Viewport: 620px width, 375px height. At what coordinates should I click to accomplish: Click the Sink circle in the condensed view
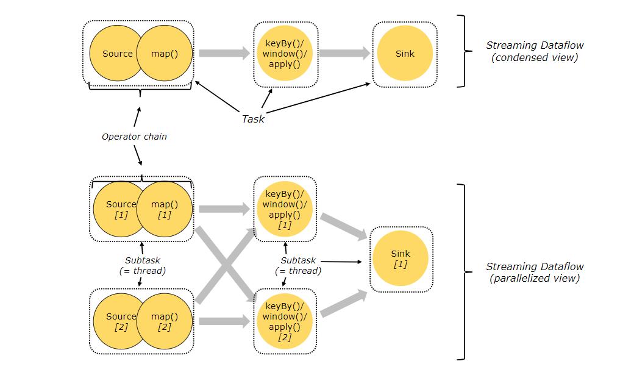pos(405,54)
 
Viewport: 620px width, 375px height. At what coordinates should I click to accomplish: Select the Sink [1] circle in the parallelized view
pos(401,259)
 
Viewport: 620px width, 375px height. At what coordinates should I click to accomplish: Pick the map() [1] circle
pos(165,209)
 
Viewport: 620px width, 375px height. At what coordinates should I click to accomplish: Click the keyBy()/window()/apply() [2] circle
pos(285,321)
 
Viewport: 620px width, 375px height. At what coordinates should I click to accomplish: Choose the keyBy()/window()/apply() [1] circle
pos(285,209)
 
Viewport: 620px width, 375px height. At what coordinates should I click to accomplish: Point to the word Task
pos(253,119)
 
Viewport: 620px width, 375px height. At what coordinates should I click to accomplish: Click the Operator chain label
pos(135,137)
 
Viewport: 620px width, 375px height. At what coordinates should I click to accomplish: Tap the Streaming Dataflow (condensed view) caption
pos(535,51)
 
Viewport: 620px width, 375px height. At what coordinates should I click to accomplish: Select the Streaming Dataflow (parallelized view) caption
pos(535,272)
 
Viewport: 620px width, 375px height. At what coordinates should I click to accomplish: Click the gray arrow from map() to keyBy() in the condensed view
pos(224,53)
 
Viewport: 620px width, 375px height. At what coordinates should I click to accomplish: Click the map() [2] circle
pos(165,321)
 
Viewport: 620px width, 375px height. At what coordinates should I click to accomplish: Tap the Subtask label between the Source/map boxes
pos(143,265)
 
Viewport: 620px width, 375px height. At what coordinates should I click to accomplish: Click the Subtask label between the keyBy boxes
pos(298,265)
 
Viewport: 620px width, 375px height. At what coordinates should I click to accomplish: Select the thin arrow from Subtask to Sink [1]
pos(341,262)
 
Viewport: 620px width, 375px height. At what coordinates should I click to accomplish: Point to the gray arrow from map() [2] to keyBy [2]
pos(224,321)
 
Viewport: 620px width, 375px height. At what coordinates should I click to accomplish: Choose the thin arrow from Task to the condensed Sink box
pos(318,98)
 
